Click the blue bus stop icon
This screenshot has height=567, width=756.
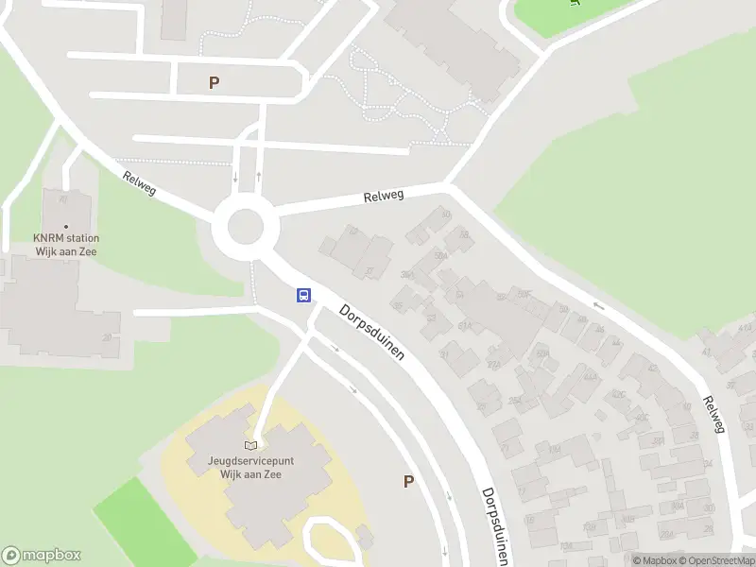[x=303, y=295]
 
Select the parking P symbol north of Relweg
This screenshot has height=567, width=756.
[x=215, y=83]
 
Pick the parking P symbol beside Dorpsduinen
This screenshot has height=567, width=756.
[x=408, y=481]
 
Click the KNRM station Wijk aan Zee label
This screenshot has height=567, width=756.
[x=66, y=245]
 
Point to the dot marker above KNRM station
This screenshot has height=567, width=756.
[x=66, y=226]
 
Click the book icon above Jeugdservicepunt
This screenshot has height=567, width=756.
[x=250, y=446]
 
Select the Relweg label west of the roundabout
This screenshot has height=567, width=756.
[x=139, y=183]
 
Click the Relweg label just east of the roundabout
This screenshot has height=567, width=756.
[x=384, y=197]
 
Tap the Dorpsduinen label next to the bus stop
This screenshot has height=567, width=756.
[x=372, y=331]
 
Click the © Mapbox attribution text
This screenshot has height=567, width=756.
[x=658, y=560]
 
